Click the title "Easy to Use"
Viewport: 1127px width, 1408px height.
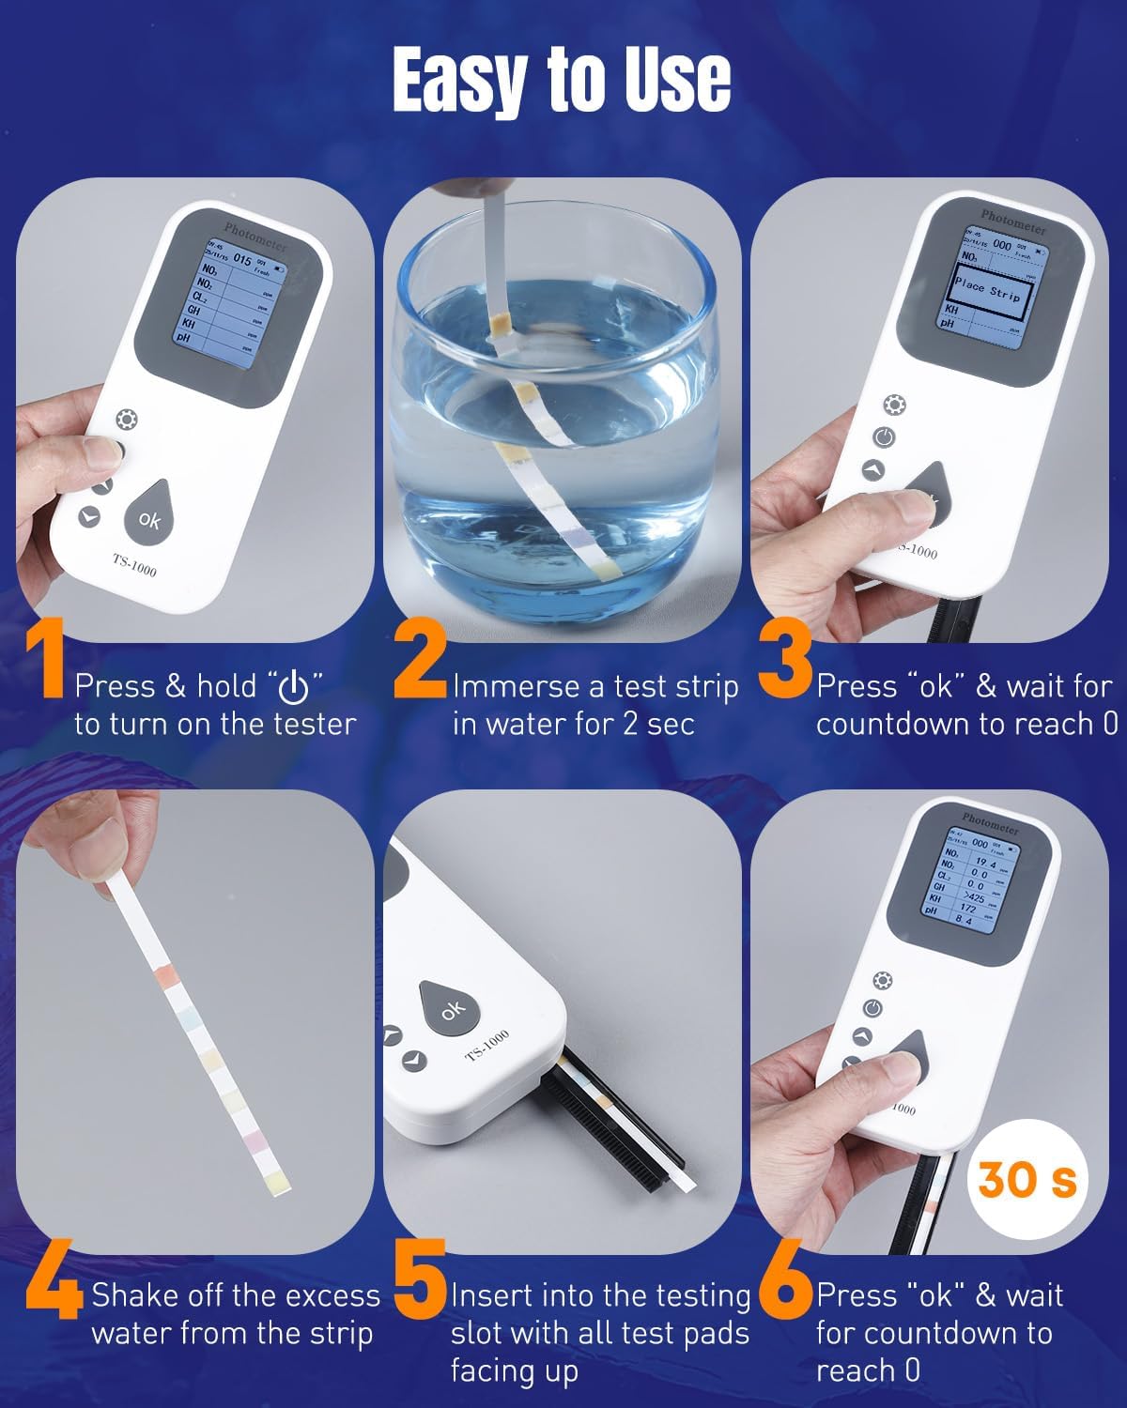(562, 81)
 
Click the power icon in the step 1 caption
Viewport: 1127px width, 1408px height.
(294, 688)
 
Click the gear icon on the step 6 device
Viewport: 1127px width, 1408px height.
(883, 981)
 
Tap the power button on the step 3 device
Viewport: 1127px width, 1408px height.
(884, 436)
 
